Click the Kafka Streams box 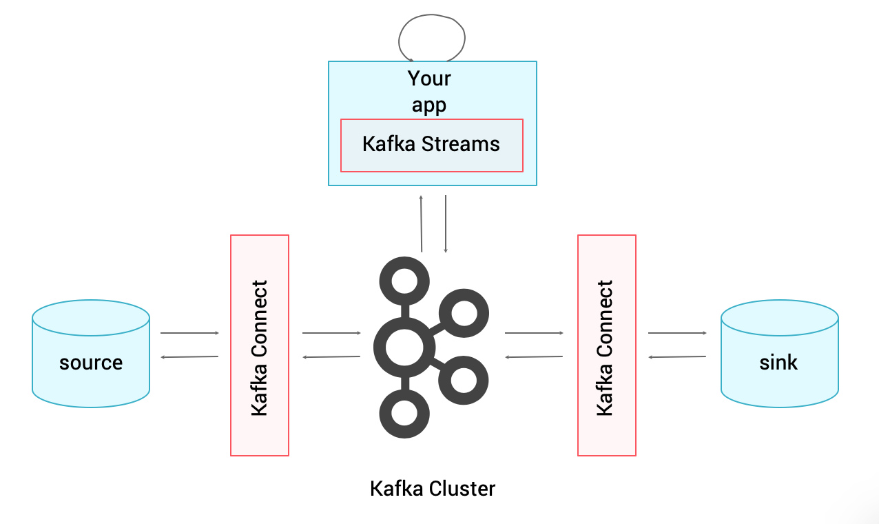[431, 145]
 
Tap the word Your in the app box [429, 79]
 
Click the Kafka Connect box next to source [259, 345]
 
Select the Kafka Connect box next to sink [606, 345]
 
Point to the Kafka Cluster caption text [432, 489]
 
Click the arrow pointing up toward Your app [421, 223]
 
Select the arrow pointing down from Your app [446, 223]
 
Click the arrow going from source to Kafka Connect [189, 333]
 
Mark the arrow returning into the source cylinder [189, 357]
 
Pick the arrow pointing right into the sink [677, 333]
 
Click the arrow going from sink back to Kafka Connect [677, 357]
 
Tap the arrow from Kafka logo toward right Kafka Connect [534, 333]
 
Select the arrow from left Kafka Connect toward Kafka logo [331, 333]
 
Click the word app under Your [429, 105]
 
